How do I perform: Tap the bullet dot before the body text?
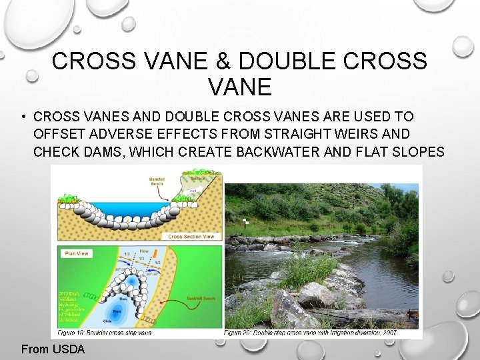[23, 117]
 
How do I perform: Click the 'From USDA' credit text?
[53, 349]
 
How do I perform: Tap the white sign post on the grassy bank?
[245, 221]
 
